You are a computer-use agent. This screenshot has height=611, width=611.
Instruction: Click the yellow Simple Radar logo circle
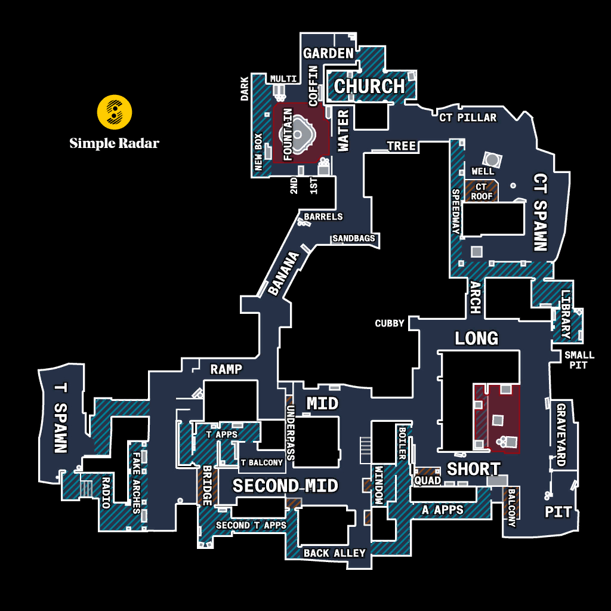114,112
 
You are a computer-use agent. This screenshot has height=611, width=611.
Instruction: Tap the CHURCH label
369,86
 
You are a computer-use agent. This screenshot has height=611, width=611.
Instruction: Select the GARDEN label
329,53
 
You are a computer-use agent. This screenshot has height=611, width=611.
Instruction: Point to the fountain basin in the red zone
298,134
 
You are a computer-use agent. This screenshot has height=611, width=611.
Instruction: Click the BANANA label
283,273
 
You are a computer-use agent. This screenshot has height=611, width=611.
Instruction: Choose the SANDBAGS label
354,238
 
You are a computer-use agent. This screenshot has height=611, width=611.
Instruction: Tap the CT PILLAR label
468,118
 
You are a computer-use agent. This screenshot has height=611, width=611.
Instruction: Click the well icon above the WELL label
492,159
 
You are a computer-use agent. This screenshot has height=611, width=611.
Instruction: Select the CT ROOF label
482,192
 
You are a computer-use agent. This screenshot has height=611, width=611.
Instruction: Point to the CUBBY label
389,323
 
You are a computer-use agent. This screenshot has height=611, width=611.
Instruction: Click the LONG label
477,338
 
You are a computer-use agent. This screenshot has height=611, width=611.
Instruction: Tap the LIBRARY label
566,314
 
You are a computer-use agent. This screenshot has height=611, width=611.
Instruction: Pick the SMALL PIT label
579,360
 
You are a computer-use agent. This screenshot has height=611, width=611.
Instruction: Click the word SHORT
473,469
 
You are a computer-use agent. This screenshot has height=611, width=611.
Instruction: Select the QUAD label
427,480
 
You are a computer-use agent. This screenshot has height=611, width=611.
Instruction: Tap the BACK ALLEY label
335,553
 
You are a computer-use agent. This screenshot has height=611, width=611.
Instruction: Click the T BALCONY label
261,462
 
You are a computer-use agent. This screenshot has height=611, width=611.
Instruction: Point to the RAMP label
226,369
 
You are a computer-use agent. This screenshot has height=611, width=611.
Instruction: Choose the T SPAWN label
60,418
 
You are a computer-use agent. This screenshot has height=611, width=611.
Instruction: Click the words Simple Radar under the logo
114,143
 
